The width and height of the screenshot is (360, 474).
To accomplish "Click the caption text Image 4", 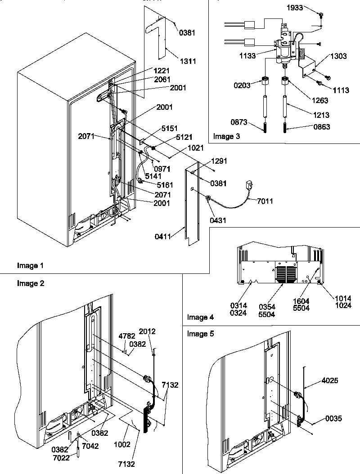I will point(202,317).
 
